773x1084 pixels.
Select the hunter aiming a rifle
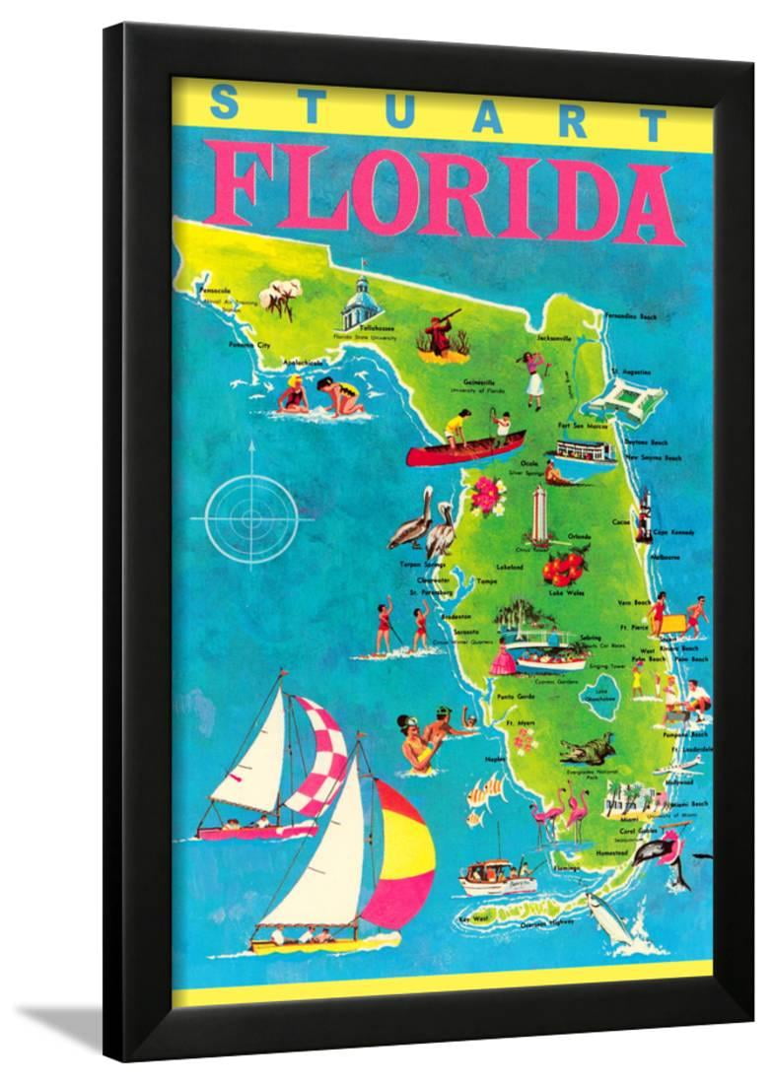(440, 333)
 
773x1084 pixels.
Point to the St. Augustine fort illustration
(621, 400)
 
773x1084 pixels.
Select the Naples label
(496, 760)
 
